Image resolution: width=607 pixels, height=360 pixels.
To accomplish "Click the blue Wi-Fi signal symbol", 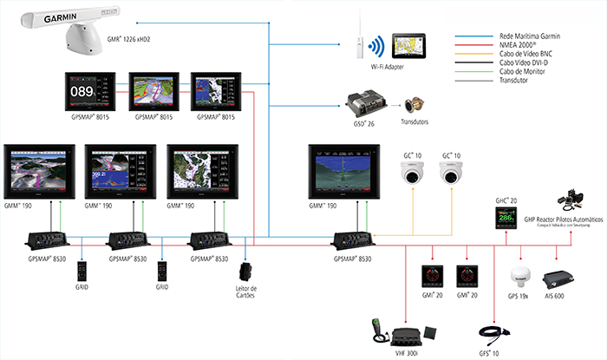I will pyautogui.click(x=376, y=46).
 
